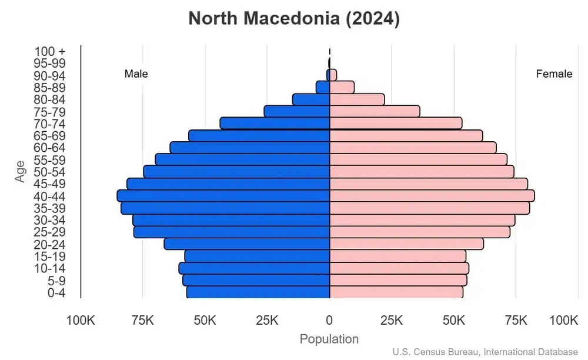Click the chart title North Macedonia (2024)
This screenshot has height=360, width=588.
[x=294, y=19]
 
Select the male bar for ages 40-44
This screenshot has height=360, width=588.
[x=223, y=196]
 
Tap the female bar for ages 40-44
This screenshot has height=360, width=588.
[x=432, y=196]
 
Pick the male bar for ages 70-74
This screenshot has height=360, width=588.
[x=275, y=123]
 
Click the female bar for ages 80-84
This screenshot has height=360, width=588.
[x=357, y=99]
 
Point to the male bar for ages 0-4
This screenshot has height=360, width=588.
[x=258, y=292]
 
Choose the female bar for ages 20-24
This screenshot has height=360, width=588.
[x=406, y=244]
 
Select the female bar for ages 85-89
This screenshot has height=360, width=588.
[x=342, y=87]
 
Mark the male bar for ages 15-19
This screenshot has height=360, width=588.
[x=257, y=256]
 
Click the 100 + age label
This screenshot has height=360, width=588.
[x=49, y=52]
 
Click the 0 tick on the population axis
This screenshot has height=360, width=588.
[x=329, y=321]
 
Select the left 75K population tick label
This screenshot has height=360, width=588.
[x=143, y=321]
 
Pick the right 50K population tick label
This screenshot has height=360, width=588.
[x=454, y=321]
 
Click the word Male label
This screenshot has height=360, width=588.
[x=136, y=74]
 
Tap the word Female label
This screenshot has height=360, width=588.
[x=554, y=74]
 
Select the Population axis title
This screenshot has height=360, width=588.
[x=329, y=339]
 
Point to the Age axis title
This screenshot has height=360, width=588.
[x=21, y=172]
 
